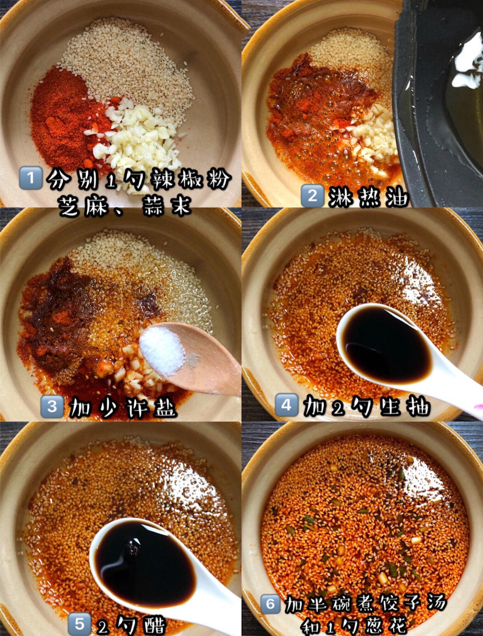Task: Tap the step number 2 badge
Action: [313, 196]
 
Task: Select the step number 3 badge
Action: [52, 406]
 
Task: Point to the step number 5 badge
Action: [79, 623]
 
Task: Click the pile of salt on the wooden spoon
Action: [162, 350]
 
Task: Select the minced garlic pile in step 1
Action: [136, 136]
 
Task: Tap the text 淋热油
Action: [369, 197]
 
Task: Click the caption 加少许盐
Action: [123, 407]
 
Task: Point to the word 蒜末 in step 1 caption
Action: [167, 206]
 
